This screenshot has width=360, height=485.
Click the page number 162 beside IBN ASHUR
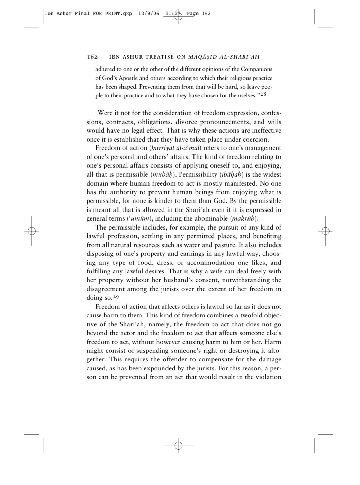[x=92, y=57]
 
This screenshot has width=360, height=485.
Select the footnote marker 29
[x=116, y=297]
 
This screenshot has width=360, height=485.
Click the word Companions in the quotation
[x=256, y=69]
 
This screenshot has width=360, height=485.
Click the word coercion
[x=255, y=140]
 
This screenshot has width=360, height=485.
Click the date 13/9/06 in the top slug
[x=148, y=14]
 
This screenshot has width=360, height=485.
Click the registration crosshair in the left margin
[x=31, y=231]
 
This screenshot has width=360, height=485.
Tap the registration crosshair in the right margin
[x=325, y=231]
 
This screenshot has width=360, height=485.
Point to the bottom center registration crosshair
[x=178, y=446]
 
